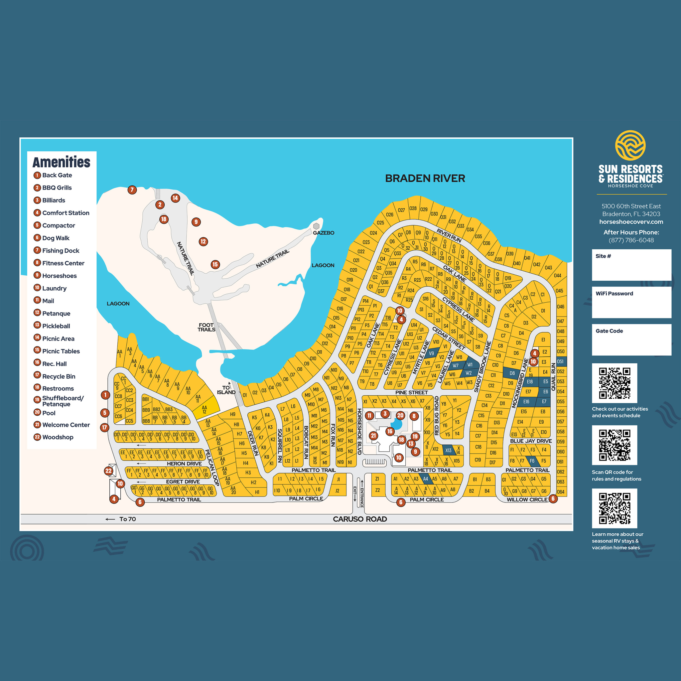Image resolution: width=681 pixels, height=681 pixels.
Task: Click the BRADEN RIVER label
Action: [x=425, y=178]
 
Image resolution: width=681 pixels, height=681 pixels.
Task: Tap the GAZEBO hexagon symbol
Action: [x=316, y=226]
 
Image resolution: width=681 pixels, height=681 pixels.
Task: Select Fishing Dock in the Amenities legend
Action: [x=61, y=251]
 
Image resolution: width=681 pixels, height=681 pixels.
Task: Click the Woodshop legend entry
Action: [x=58, y=437]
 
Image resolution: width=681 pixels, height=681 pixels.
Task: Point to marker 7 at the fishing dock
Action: [x=132, y=190]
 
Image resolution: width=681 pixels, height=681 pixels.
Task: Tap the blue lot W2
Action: [x=468, y=373]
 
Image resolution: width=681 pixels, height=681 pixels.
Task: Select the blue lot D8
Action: [x=512, y=373]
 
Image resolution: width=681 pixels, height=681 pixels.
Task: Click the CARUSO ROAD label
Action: [x=359, y=519]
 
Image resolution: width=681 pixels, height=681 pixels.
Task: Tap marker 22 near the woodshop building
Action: [x=108, y=471]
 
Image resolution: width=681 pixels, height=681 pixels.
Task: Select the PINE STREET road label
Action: [x=411, y=392]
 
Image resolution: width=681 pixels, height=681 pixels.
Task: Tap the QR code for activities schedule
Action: [x=614, y=383]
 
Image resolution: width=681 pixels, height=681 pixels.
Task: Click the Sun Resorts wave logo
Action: [x=630, y=145]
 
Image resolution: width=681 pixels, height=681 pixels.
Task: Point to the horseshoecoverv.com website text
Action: [x=631, y=222]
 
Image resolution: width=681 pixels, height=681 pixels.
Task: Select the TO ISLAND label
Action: [x=226, y=390]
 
